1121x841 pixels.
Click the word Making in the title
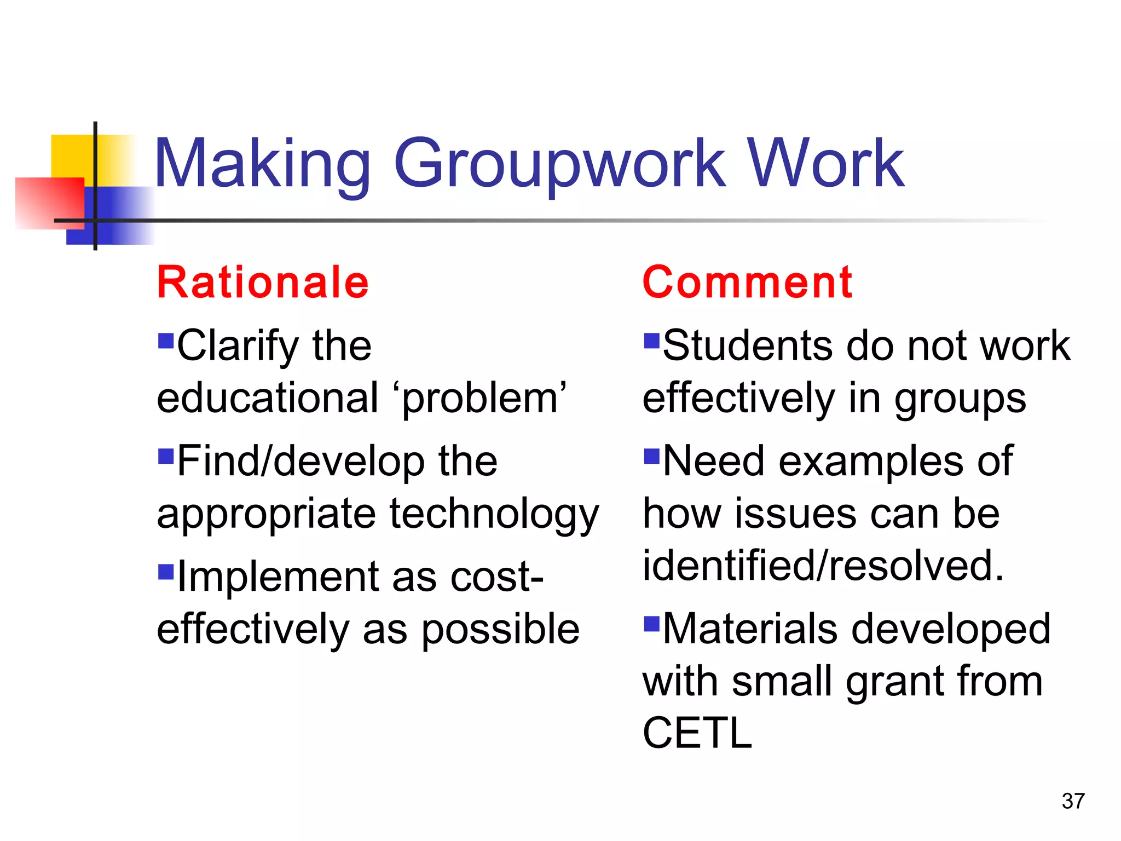263,164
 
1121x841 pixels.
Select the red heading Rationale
263,283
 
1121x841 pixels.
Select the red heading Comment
747,283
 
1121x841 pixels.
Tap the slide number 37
1073,801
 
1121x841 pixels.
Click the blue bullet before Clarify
165,341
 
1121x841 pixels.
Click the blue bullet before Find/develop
165,456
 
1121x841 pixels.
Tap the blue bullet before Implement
165,572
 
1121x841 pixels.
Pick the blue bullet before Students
651,341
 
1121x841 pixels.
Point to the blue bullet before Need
651,456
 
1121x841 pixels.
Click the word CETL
697,733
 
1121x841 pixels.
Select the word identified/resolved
823,566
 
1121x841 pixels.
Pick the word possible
500,630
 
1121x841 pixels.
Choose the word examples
871,462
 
